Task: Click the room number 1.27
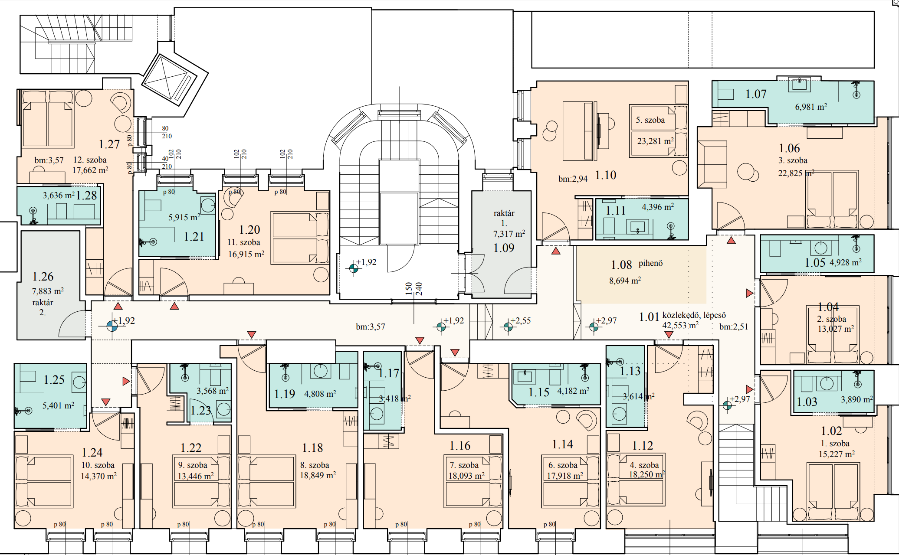[x=109, y=144]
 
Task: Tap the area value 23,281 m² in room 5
[x=655, y=141]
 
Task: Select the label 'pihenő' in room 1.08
[x=650, y=263]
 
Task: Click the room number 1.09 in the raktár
[x=504, y=248]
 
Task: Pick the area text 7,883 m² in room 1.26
[x=48, y=291]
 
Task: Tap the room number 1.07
[x=756, y=94]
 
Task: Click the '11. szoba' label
[x=244, y=242]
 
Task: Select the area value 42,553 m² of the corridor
[x=680, y=325]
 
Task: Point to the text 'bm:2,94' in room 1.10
[x=573, y=179]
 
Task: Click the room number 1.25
[x=54, y=380]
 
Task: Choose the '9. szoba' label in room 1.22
[x=193, y=465]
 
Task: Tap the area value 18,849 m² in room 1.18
[x=318, y=475]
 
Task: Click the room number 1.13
[x=630, y=371]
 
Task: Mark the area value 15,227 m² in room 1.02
[x=837, y=454]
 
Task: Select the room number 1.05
[x=815, y=263]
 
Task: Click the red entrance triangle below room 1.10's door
[x=556, y=251]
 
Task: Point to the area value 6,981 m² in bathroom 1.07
[x=811, y=107]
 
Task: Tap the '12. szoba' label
[x=90, y=160]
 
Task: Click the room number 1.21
[x=194, y=237]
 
